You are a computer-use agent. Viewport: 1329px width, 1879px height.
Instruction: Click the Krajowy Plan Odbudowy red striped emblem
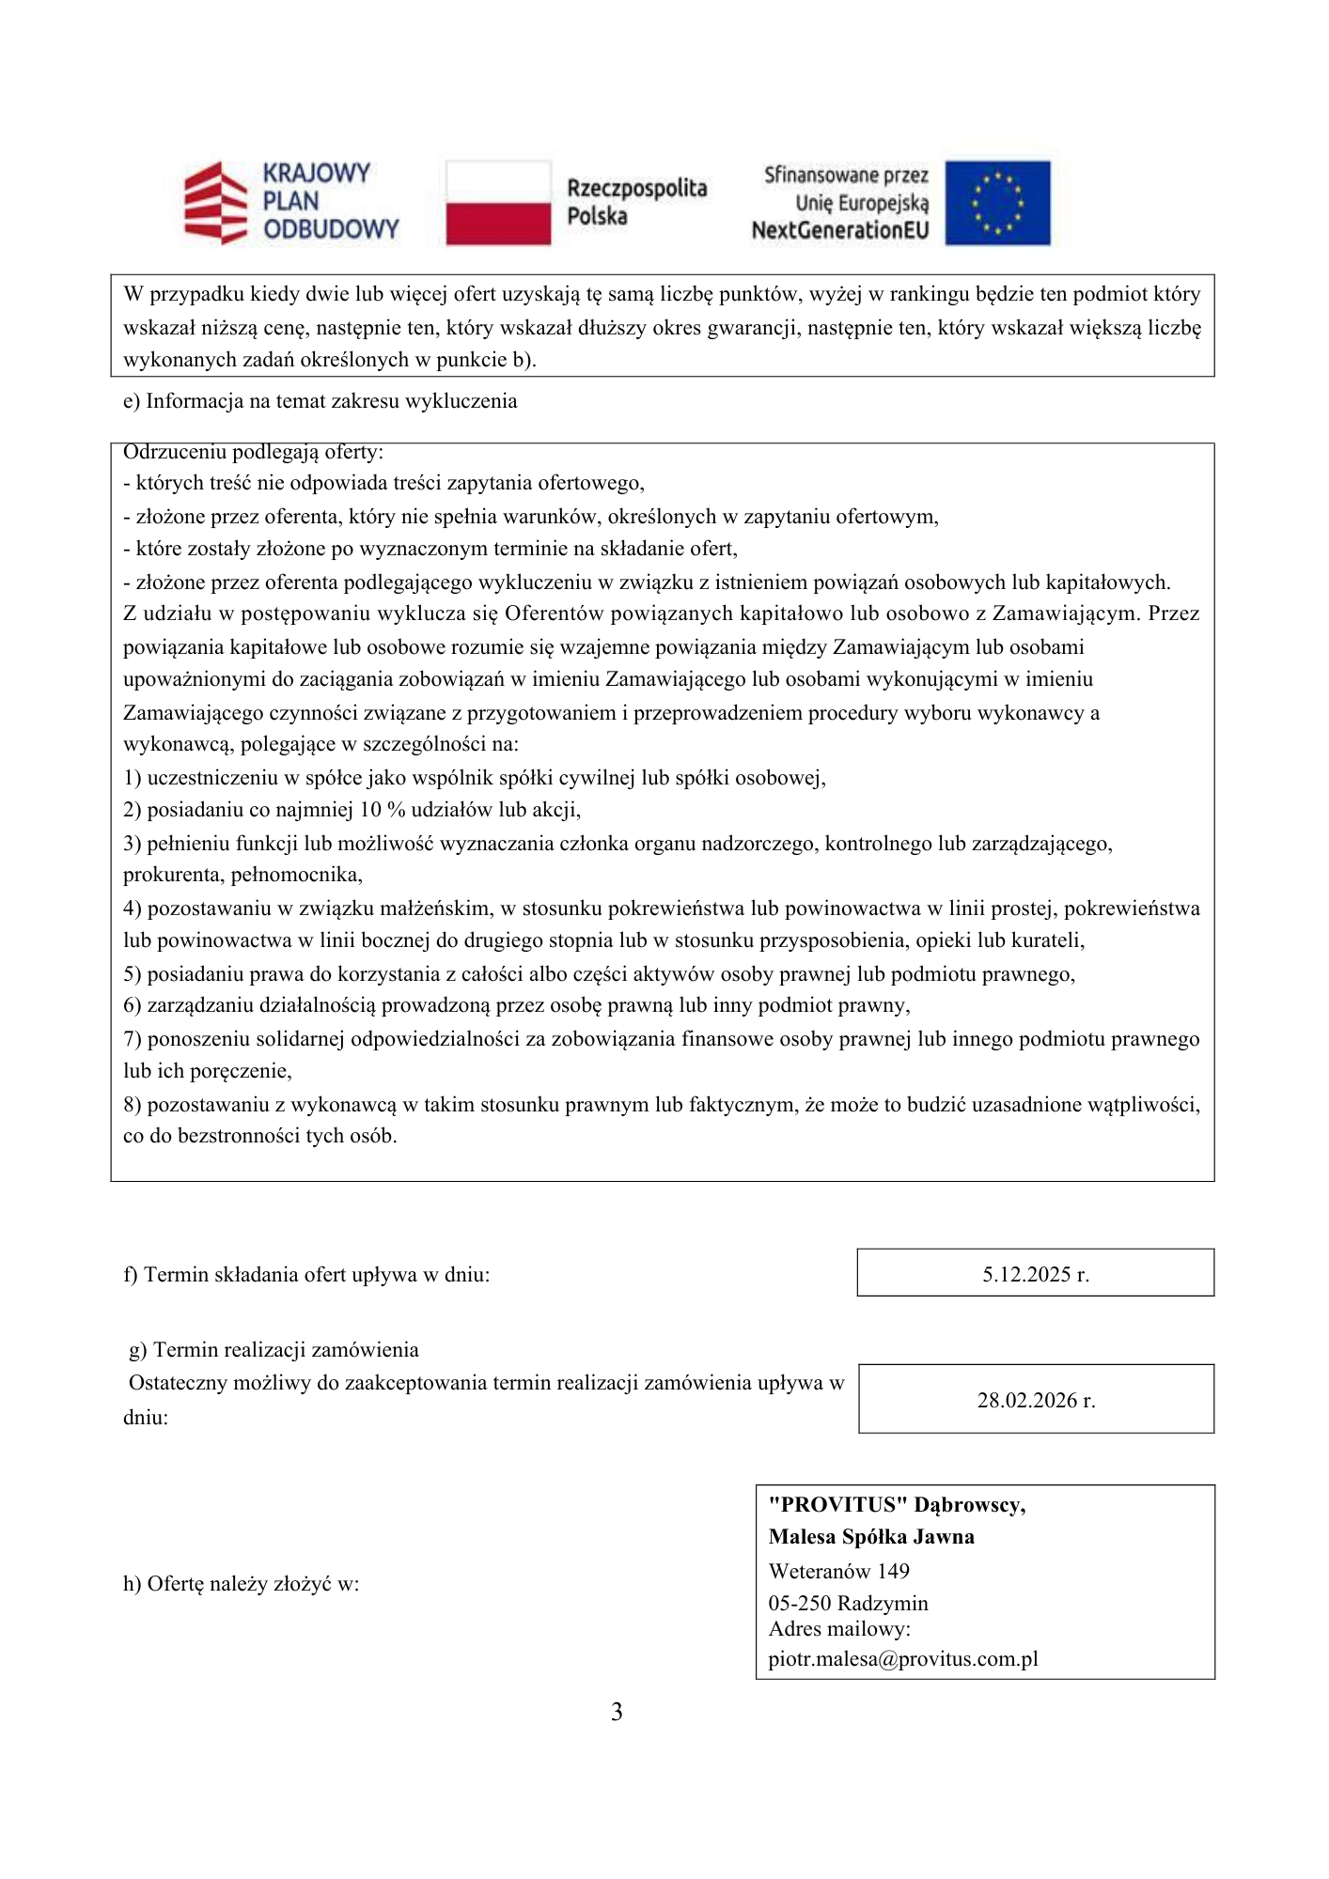point(215,203)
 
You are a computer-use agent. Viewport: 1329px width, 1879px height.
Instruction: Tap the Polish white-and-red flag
point(497,203)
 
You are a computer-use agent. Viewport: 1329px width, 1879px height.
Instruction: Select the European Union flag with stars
point(997,203)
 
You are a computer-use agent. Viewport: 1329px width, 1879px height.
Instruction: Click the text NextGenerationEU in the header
point(839,230)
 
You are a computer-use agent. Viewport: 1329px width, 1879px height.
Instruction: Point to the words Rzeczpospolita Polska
point(636,202)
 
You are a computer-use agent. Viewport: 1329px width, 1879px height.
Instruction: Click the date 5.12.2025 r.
point(1036,1274)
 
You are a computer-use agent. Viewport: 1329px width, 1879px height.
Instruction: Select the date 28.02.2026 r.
point(1036,1400)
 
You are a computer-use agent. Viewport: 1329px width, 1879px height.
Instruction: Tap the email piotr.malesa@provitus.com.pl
point(903,1658)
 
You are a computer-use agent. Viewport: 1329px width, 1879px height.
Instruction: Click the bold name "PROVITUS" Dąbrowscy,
point(897,1504)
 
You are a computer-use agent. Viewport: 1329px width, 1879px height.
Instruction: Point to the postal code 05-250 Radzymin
point(848,1603)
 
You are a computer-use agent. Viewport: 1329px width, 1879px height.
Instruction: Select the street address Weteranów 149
point(838,1571)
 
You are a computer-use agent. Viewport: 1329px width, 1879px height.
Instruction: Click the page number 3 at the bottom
point(617,1712)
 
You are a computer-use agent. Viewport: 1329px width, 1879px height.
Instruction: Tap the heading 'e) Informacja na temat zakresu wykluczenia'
point(321,401)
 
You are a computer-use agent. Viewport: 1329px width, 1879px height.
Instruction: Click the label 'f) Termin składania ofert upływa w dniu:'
point(306,1275)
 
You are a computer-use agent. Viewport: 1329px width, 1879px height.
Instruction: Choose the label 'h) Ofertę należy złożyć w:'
point(242,1583)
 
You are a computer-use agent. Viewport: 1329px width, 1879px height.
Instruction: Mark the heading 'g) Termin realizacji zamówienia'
point(274,1350)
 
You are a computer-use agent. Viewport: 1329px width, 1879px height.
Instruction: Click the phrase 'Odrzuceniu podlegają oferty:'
point(253,452)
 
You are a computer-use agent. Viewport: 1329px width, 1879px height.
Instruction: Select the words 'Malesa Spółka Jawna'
point(871,1536)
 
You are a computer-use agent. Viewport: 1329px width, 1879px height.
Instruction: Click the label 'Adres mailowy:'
point(839,1629)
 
